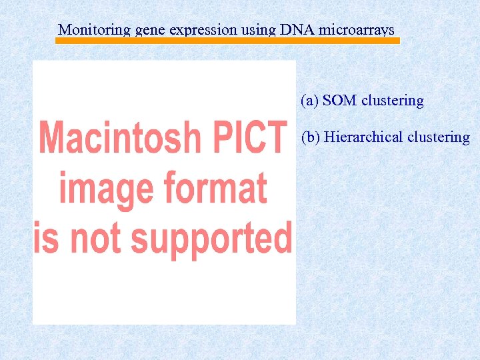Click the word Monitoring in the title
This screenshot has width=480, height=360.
(94, 30)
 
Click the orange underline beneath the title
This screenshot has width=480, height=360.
(227, 41)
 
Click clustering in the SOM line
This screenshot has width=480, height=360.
(393, 101)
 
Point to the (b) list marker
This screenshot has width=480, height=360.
(311, 137)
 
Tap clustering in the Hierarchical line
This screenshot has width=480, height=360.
(439, 137)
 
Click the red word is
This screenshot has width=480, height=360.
(46, 238)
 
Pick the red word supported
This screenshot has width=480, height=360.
(211, 239)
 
